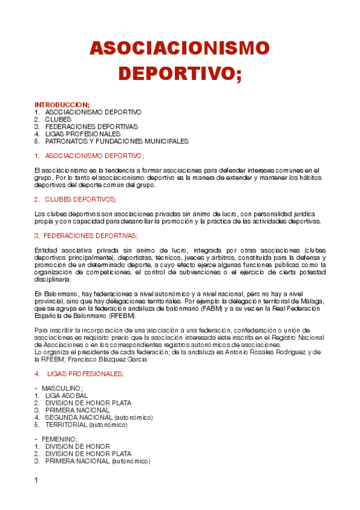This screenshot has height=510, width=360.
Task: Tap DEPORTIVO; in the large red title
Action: coord(180,73)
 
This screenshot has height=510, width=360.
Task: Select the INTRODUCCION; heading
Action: coord(62,105)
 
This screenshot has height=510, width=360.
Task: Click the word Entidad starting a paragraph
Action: coord(46,250)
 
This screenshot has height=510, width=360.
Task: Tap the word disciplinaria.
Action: coord(53,279)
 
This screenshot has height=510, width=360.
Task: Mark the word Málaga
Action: coord(312,301)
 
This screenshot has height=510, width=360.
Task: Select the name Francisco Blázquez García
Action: coord(114,360)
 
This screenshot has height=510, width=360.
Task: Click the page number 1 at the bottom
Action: coord(37,481)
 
